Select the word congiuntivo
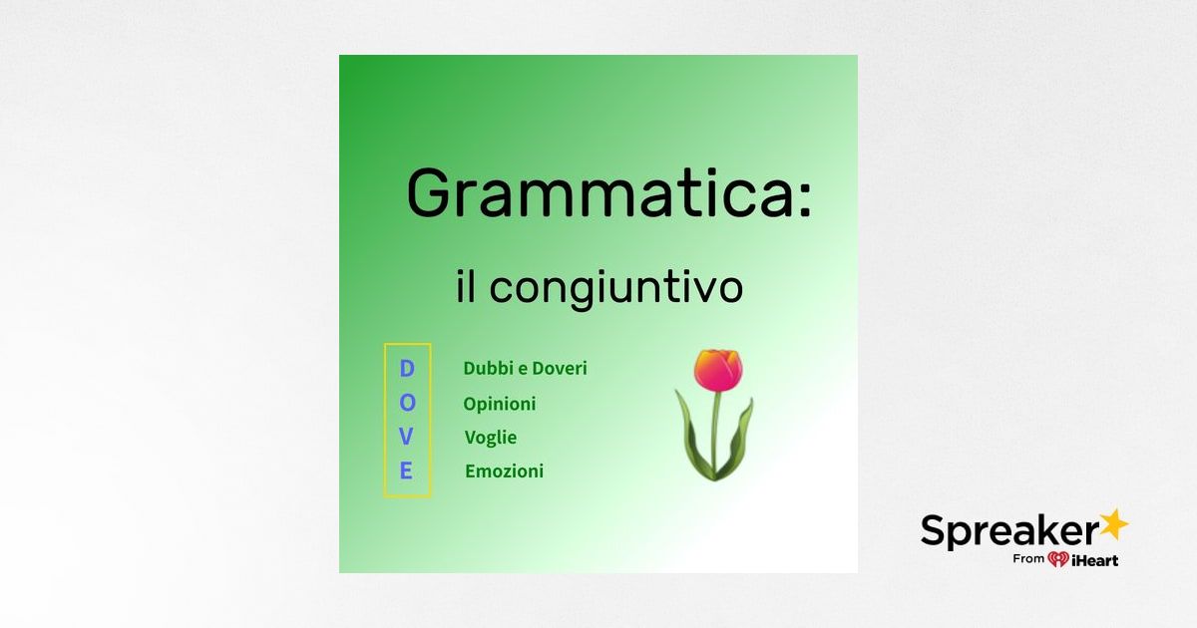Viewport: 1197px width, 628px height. (x=615, y=288)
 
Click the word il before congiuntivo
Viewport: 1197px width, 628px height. (x=466, y=287)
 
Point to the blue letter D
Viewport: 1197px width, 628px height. (x=407, y=369)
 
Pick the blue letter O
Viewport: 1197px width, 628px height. (x=407, y=403)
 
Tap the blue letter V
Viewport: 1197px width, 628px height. (x=407, y=437)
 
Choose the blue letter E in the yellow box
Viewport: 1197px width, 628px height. (x=407, y=471)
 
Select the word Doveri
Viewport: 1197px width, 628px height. (x=560, y=369)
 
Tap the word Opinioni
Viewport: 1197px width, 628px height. (x=500, y=404)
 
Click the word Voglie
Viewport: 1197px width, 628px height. (x=491, y=438)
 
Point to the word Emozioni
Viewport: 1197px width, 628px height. (x=505, y=471)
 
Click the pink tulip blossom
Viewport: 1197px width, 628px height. (x=718, y=370)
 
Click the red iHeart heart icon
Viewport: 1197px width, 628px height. (x=1058, y=559)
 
